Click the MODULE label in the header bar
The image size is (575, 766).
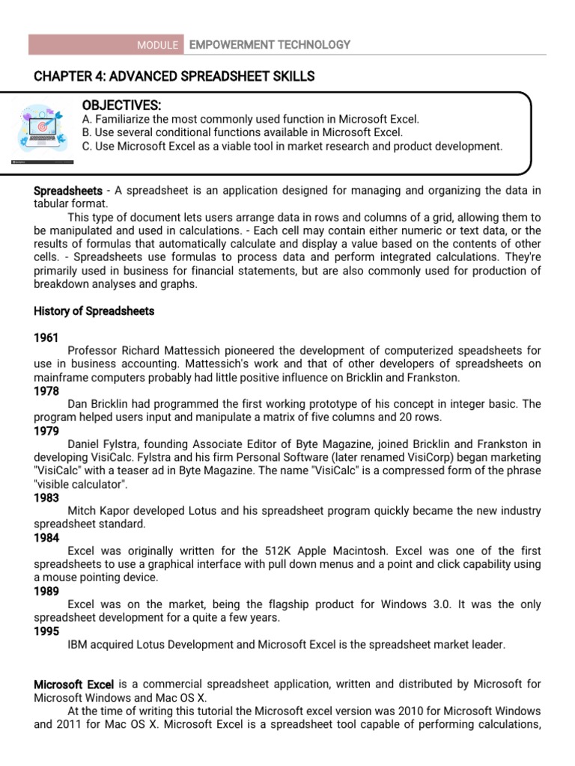pos(157,46)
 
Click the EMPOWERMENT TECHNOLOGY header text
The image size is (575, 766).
pos(270,45)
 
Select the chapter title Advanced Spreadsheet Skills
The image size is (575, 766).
pos(174,76)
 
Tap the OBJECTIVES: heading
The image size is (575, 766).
pos(121,105)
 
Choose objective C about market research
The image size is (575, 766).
pos(292,146)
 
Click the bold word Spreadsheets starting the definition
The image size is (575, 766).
pos(68,191)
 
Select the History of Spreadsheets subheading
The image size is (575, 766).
pos(94,311)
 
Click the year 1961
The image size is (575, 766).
pos(46,338)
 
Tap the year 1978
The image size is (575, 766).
pos(46,391)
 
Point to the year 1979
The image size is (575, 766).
pos(46,432)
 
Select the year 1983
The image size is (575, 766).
pos(46,498)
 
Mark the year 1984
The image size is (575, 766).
pos(46,538)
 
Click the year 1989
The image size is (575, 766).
pos(46,592)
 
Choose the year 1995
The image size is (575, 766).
pos(46,631)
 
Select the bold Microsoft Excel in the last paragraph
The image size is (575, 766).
pos(74,684)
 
